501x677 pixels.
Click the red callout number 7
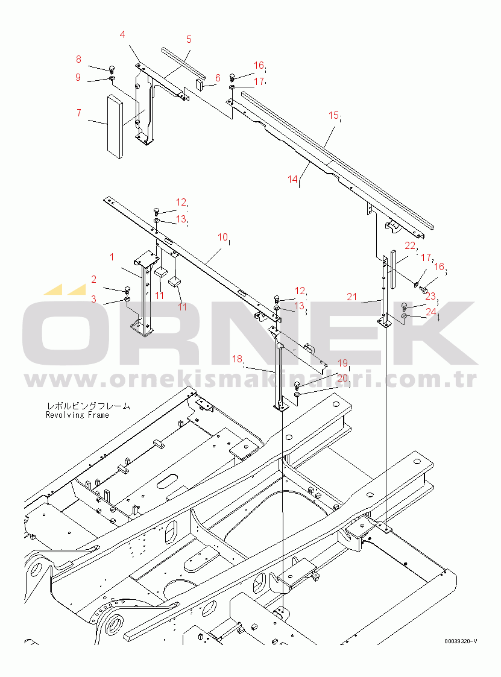point(78,113)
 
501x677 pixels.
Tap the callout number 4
point(122,34)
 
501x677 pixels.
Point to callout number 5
point(189,39)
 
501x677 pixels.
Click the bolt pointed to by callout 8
point(112,68)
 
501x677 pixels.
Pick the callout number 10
point(222,237)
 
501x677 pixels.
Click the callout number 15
point(333,115)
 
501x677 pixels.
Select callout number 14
point(293,179)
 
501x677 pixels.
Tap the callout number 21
point(352,297)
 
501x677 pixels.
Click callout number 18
point(237,359)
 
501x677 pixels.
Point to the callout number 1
point(112,257)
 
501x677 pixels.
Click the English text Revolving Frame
point(77,415)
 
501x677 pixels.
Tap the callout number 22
point(410,246)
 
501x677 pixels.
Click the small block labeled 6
point(201,84)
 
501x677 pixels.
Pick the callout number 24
point(431,311)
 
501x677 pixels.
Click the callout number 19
point(342,363)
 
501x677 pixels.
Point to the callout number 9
point(78,77)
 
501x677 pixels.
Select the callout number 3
point(93,299)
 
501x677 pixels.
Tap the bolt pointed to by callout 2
point(127,289)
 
